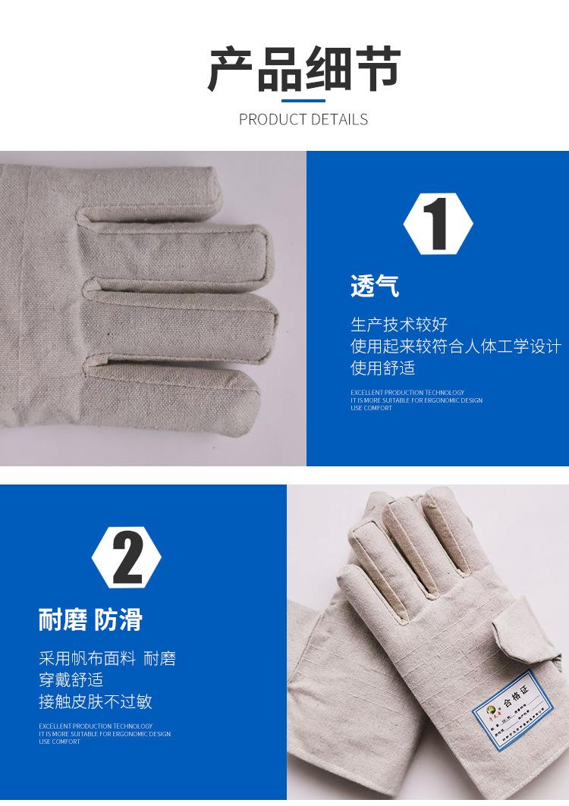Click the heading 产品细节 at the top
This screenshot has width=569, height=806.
click(x=303, y=69)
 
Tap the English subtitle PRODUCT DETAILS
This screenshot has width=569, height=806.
click(x=303, y=119)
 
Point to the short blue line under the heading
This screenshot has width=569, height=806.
click(x=303, y=101)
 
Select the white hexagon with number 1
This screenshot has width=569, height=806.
click(x=438, y=223)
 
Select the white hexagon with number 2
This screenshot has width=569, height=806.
click(x=127, y=558)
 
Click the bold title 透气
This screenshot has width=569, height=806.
click(x=374, y=286)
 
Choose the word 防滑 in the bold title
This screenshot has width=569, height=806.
click(x=118, y=619)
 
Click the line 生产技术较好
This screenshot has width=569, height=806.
click(x=399, y=325)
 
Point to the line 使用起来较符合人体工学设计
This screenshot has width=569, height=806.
click(x=455, y=347)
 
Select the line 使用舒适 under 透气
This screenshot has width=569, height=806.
click(x=382, y=369)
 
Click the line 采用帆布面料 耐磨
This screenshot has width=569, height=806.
click(x=107, y=658)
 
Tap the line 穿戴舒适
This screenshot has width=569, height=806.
click(x=71, y=680)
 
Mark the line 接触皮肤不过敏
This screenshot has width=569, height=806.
click(x=96, y=702)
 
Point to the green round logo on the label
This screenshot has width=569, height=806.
click(x=486, y=711)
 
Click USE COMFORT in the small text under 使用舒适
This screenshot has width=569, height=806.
click(x=371, y=408)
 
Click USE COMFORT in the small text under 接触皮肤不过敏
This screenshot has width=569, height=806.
click(x=59, y=742)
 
